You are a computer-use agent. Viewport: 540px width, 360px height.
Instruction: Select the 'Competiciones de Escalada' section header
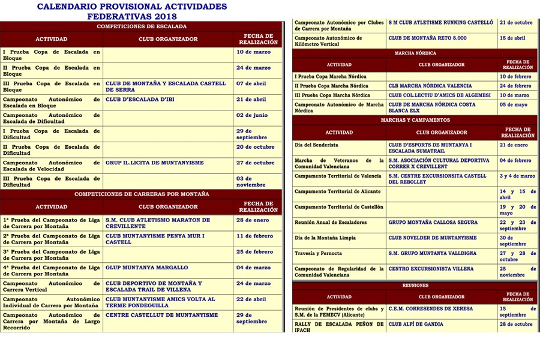pos(142,26)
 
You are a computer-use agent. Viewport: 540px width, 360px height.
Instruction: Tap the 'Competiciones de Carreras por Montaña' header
pos(142,194)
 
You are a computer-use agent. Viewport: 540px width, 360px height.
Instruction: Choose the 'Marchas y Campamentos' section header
pos(415,120)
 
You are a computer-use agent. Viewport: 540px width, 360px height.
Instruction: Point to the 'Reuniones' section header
pos(415,286)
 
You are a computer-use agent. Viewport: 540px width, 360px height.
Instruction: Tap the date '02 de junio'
pos(252,115)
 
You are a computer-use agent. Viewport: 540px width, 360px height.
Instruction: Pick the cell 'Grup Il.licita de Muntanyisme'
pos(155,163)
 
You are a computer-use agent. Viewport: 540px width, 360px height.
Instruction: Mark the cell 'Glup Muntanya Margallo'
pos(147,268)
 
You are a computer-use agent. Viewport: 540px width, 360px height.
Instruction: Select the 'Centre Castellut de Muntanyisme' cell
pos(162,315)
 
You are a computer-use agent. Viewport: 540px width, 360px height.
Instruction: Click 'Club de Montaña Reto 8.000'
pos(427,38)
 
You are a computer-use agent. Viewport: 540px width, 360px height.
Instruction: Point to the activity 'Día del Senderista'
pos(316,145)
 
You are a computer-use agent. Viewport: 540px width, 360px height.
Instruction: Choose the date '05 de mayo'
pos(515,104)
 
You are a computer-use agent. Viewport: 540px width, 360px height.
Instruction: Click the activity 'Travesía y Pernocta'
pos(318,254)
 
